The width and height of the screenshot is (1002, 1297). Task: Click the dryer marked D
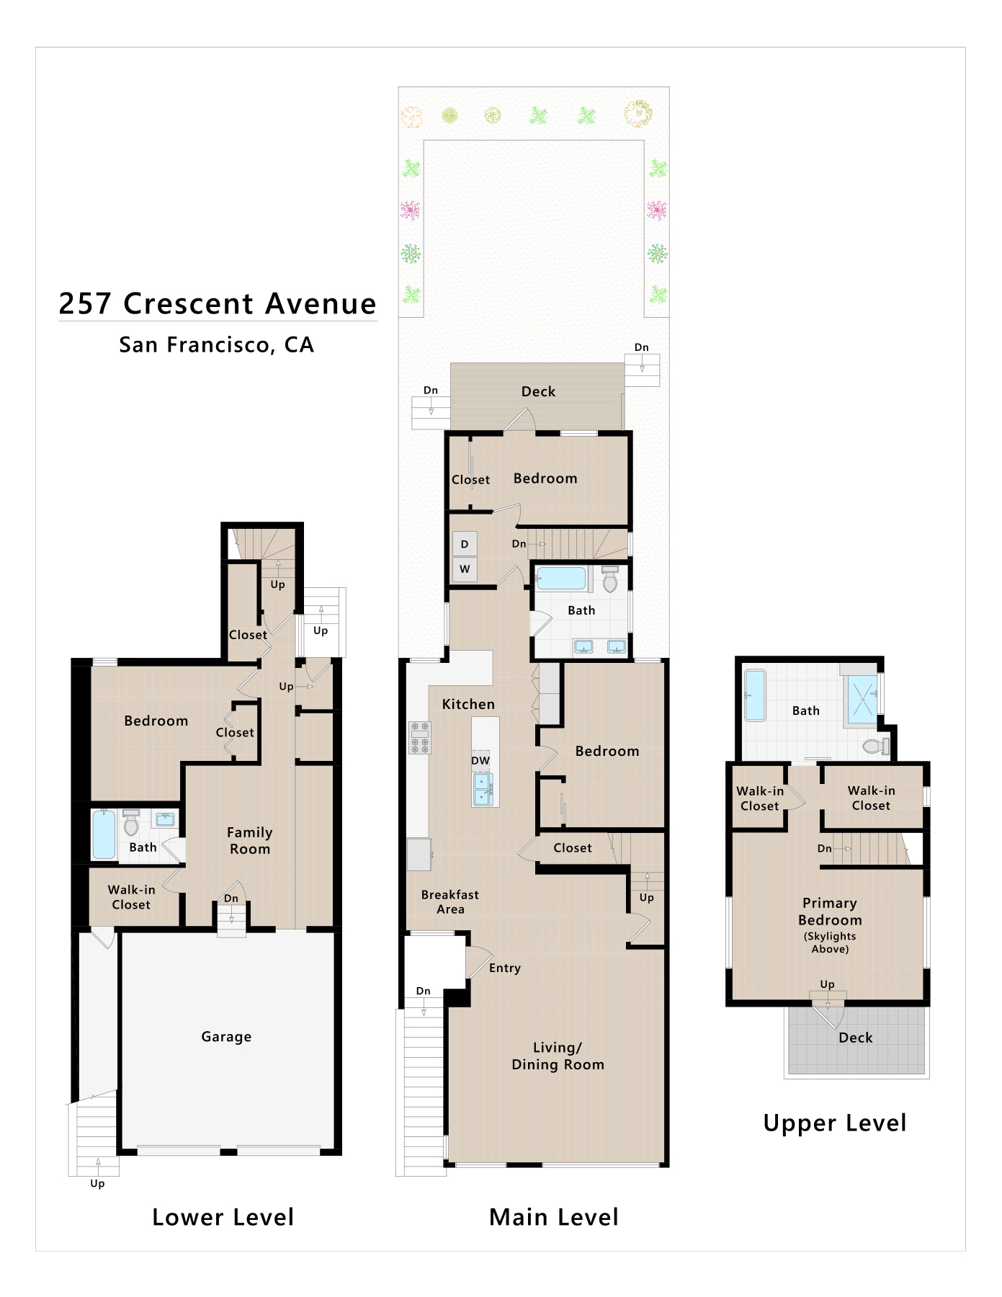465,544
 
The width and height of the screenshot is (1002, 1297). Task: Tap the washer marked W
465,569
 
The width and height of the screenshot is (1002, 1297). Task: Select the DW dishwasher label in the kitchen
480,760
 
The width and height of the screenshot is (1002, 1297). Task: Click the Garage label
226,1036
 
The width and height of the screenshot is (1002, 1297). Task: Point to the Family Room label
250,840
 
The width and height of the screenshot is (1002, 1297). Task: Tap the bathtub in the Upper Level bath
755,695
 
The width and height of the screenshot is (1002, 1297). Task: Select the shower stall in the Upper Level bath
862,699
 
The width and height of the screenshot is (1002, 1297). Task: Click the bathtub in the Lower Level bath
104,834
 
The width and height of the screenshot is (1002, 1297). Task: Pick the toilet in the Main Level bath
610,579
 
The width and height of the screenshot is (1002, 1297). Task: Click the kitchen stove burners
420,738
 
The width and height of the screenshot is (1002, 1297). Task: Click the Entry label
504,968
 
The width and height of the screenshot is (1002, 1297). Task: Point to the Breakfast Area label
450,901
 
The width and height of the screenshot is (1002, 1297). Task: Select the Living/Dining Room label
558,1056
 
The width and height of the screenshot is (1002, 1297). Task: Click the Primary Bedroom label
830,912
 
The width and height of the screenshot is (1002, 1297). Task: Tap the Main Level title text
554,1217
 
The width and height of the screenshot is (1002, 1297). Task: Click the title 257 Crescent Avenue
218,303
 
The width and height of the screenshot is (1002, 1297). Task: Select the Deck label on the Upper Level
855,1038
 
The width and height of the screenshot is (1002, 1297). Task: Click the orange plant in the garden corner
411,115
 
